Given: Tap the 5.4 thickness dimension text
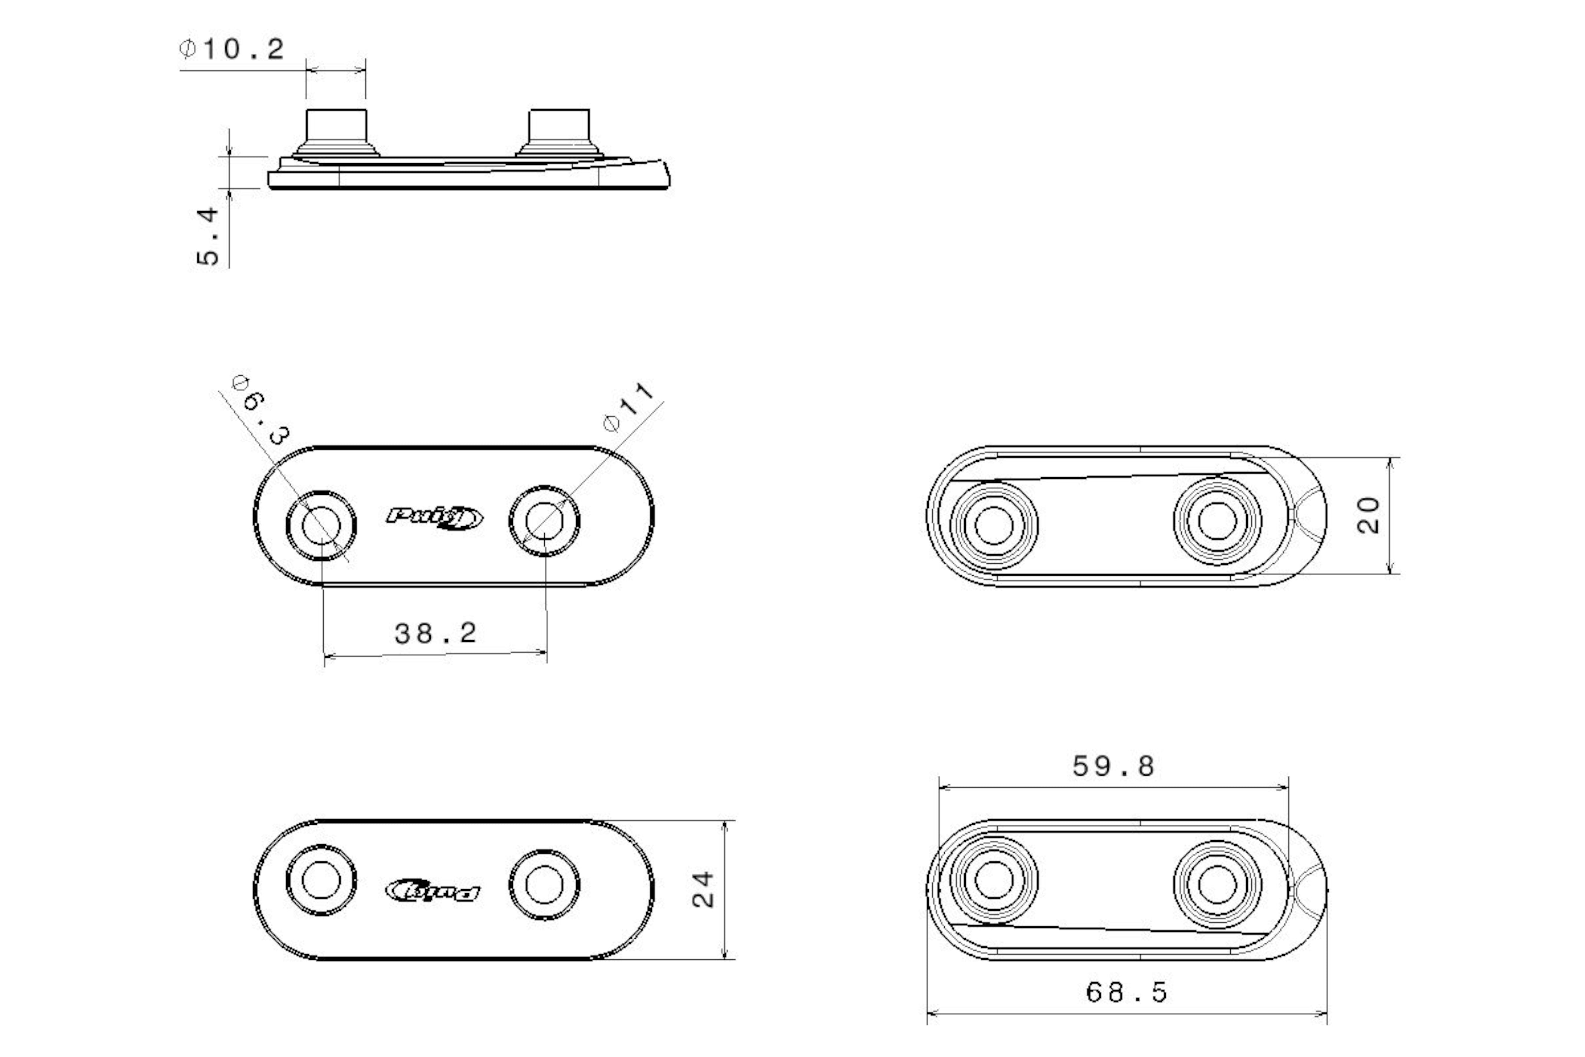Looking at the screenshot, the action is [x=208, y=236].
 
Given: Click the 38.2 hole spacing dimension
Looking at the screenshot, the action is [x=435, y=633].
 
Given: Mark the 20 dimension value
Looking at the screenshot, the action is [x=1368, y=516].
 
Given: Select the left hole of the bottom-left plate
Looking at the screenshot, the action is [x=321, y=880].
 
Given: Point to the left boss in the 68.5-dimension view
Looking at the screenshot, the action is [x=994, y=880].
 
